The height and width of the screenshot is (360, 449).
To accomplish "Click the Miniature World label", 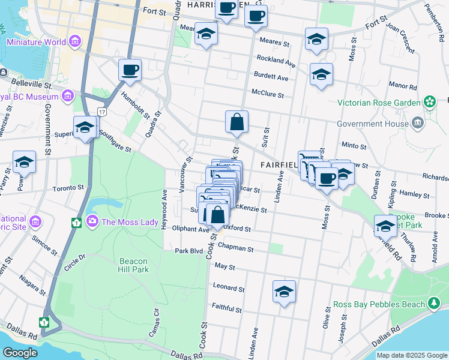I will pos(37,43).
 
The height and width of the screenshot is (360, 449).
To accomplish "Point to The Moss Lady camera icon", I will pos(92,222).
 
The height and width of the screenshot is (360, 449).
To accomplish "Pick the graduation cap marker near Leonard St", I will pos(284,292).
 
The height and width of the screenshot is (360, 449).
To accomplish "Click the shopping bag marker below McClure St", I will pos(237,122).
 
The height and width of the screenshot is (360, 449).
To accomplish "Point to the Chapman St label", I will pos(236,248).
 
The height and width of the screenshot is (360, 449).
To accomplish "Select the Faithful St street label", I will pos(226,309).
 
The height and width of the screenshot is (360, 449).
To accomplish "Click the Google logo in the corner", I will pos(20,353).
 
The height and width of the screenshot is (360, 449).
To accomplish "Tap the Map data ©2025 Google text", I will pos(411,355).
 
